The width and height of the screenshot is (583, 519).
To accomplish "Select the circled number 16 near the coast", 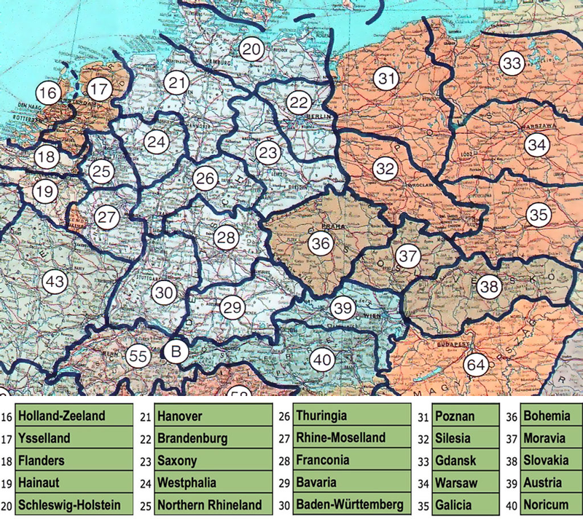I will coord(48,93).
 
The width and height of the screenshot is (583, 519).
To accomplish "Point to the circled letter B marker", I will coord(175,352).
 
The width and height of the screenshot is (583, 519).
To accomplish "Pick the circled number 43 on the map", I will coord(54,280).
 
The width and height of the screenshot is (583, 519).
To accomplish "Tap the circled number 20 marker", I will coord(251,50).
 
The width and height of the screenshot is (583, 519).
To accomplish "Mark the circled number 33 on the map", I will coord(512,63).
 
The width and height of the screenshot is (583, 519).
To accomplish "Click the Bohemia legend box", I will coord(548,416).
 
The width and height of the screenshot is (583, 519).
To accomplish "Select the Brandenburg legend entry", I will coord(211,439).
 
